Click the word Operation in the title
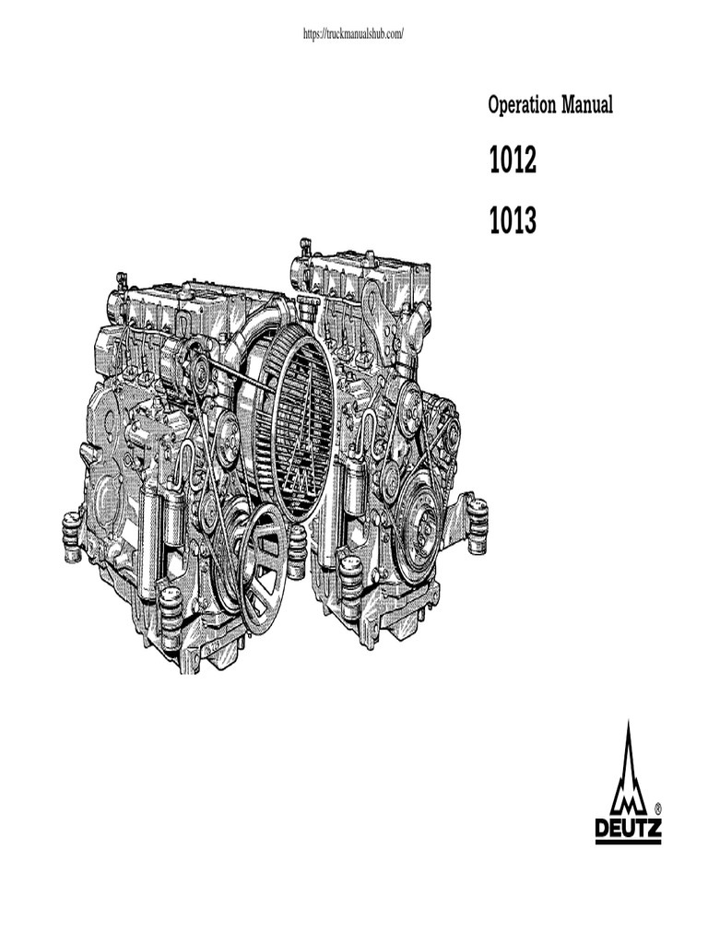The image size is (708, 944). pyautogui.click(x=522, y=105)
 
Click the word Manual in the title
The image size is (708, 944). pyautogui.click(x=587, y=105)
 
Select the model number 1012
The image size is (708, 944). pyautogui.click(x=513, y=160)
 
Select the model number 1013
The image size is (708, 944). pyautogui.click(x=513, y=220)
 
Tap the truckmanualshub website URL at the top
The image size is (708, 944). pyautogui.click(x=353, y=34)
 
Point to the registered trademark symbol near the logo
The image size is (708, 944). pyautogui.click(x=657, y=808)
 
